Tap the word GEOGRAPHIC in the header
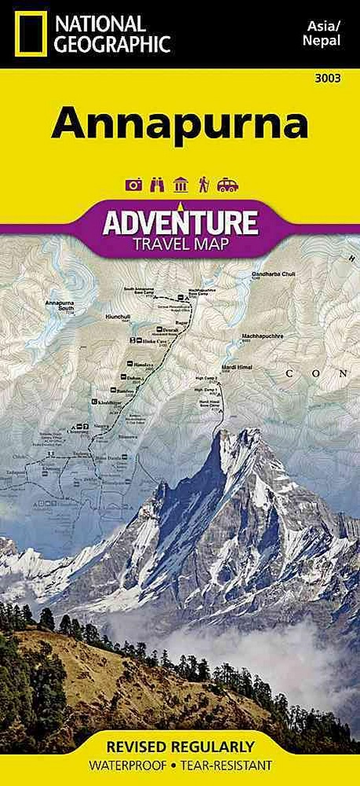coord(112,45)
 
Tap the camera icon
coord(133,185)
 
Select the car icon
coord(227,185)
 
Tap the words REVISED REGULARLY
coord(180,746)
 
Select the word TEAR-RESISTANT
coord(229,765)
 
